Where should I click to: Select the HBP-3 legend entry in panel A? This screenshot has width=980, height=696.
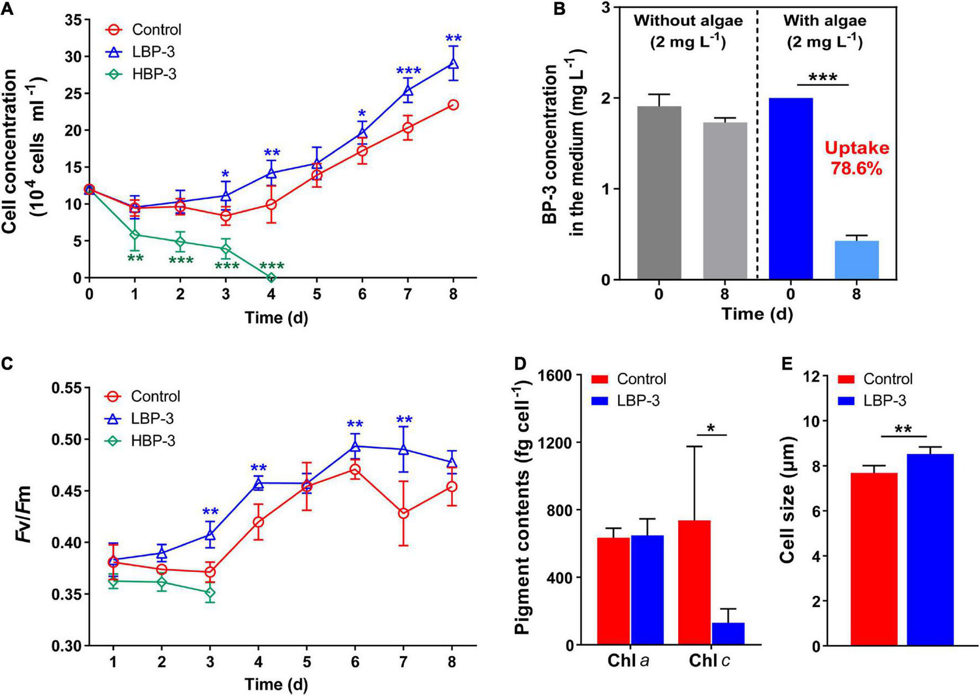(141, 74)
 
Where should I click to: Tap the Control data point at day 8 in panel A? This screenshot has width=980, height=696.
(453, 105)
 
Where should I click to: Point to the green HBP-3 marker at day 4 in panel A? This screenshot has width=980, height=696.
(271, 278)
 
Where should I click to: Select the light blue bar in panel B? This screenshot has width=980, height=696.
(857, 259)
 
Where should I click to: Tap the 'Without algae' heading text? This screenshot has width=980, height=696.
(688, 22)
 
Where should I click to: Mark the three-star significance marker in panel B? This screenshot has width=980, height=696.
(822, 78)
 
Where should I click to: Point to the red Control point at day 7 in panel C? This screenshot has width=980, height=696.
(404, 513)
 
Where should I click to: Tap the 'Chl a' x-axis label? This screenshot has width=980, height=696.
(628, 661)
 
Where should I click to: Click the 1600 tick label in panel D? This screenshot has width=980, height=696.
(560, 375)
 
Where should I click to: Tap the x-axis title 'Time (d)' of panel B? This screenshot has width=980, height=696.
(757, 314)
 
